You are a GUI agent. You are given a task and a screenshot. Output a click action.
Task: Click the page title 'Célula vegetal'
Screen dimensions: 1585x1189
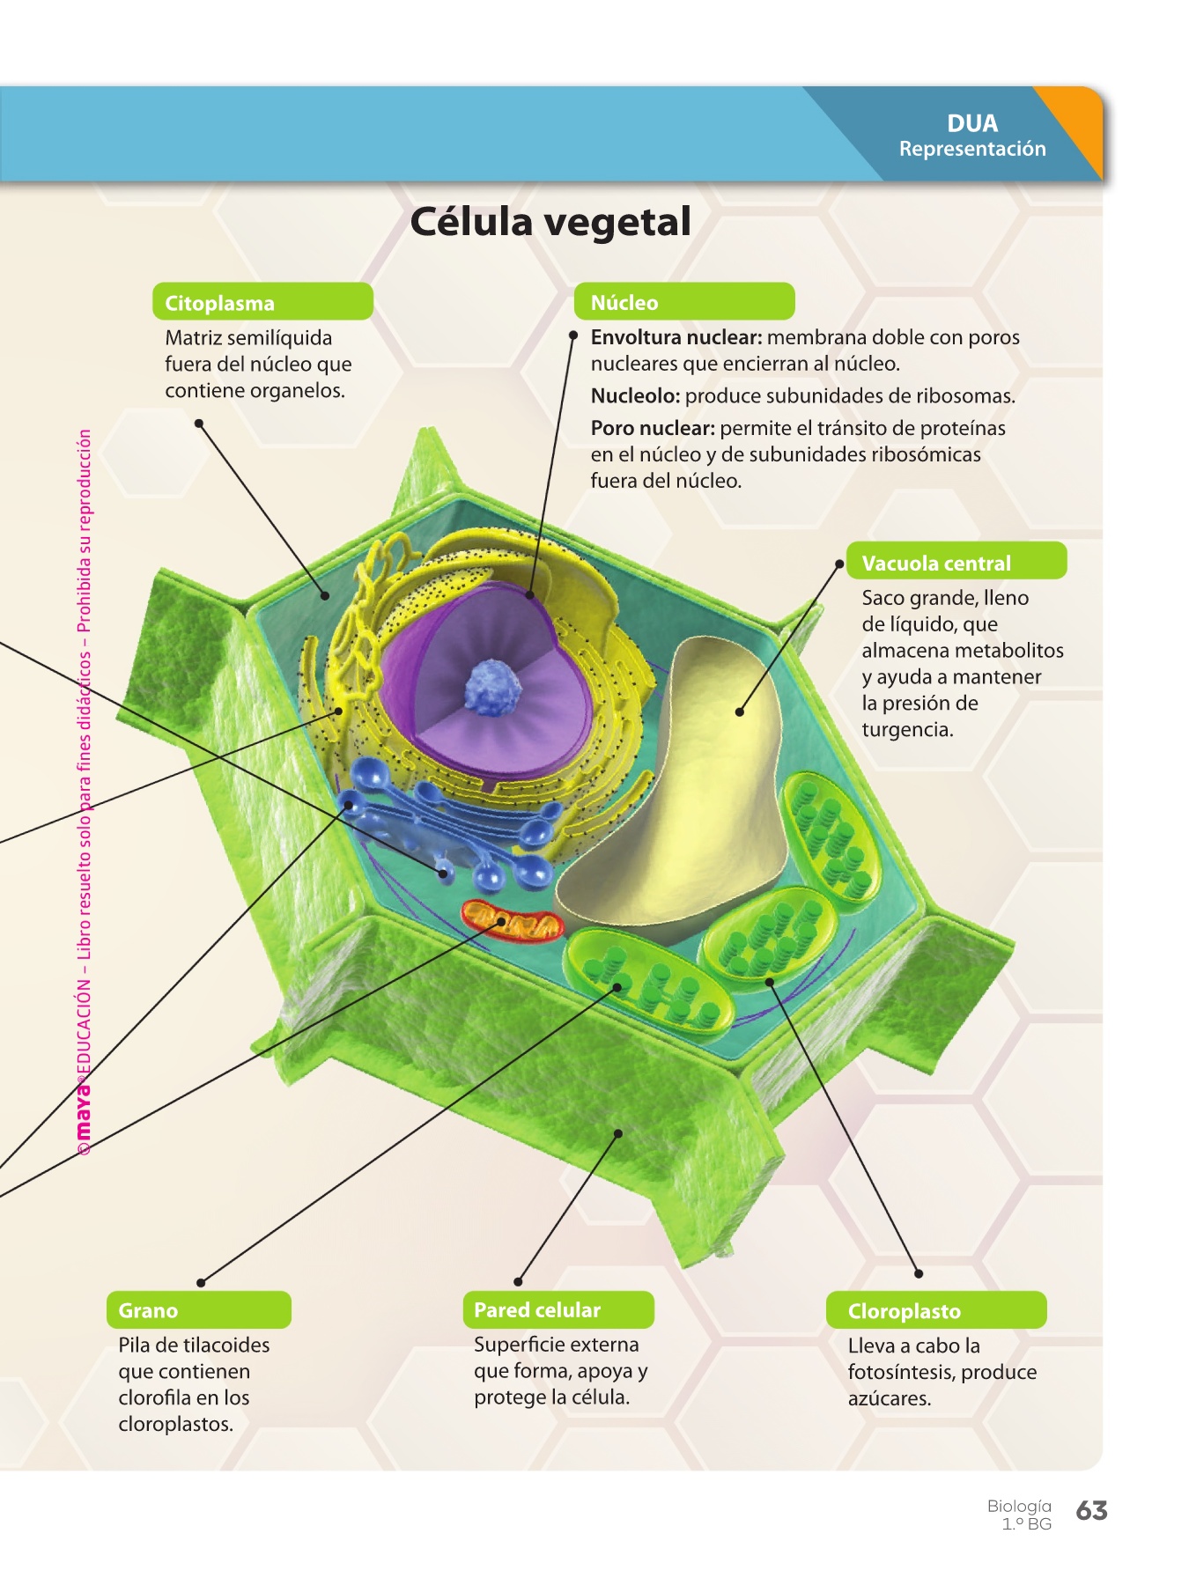[x=550, y=222]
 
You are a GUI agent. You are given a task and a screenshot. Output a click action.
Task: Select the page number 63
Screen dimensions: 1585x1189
[x=1091, y=1511]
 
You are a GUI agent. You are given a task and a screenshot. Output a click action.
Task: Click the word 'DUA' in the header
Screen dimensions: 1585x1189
[x=972, y=123]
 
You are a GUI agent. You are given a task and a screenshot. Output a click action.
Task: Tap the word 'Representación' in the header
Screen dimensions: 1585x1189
[x=972, y=149]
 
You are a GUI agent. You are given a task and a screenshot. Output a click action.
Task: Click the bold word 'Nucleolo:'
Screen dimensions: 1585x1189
[x=635, y=396]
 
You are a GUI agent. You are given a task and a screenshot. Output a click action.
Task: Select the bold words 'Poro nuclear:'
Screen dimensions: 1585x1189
[x=652, y=429]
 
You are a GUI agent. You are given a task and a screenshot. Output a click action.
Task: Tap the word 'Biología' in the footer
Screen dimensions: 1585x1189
[x=1019, y=1506]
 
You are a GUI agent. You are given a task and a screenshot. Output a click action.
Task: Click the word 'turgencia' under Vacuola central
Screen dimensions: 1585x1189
[x=906, y=730]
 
